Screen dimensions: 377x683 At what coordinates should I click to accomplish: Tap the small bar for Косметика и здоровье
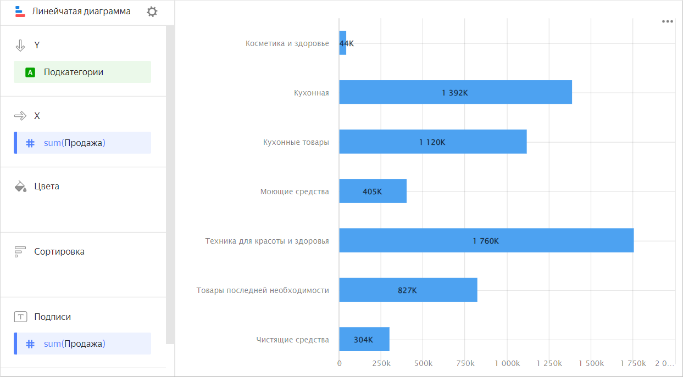tap(342, 43)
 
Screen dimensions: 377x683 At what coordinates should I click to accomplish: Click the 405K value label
tap(372, 192)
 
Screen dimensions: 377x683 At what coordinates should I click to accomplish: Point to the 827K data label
tap(407, 290)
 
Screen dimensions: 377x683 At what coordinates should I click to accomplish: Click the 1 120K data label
tap(432, 142)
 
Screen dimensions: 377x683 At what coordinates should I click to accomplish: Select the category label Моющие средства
tap(295, 192)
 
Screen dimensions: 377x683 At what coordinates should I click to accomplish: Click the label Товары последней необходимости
tap(263, 290)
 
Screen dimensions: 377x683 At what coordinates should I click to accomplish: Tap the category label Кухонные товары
tap(296, 142)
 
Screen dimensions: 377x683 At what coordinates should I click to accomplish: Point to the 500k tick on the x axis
tap(423, 363)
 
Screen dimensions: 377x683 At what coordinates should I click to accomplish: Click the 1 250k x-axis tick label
tap(549, 363)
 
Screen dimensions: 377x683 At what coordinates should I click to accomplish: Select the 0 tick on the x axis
tap(339, 363)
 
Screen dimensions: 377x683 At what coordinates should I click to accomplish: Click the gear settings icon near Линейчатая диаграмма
tap(152, 12)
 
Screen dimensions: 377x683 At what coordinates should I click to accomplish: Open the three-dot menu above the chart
tap(667, 21)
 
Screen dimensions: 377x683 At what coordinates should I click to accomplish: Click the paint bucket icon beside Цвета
tap(20, 186)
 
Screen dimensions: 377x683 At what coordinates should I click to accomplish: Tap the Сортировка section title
tap(59, 252)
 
